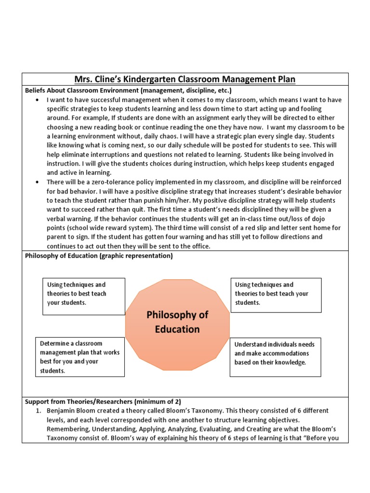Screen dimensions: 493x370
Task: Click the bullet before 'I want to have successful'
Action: tap(38, 100)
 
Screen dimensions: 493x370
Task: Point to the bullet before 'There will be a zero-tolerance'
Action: tap(38, 182)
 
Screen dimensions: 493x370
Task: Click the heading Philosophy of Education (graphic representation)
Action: tap(98, 256)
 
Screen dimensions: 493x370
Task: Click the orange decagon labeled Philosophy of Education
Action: tap(177, 322)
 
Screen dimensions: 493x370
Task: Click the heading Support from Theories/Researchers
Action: tap(103, 401)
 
